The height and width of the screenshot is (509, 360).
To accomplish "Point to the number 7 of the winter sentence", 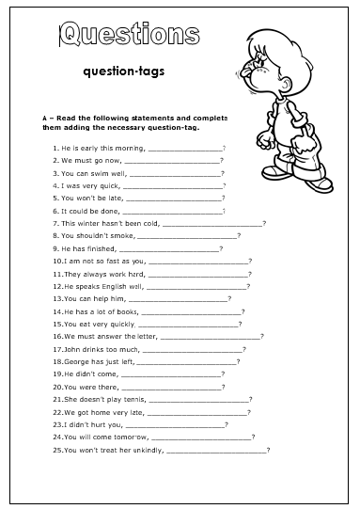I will pyautogui.click(x=55, y=223).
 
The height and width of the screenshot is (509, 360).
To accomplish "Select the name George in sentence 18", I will pyautogui.click(x=76, y=361).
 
